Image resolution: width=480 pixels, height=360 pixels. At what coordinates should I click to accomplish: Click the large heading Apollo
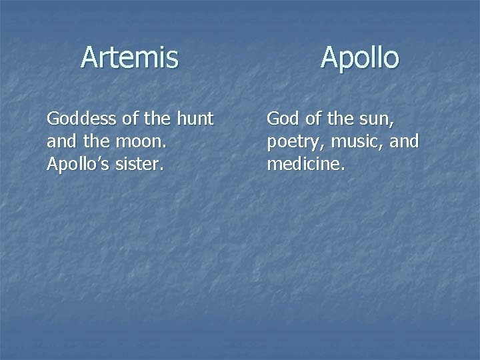359,58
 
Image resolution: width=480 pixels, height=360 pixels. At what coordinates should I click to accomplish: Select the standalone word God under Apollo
283,119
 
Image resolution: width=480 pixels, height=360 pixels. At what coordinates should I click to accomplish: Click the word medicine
305,164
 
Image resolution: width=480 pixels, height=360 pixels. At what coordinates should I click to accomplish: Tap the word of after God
314,119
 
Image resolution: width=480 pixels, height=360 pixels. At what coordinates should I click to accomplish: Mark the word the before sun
341,119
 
